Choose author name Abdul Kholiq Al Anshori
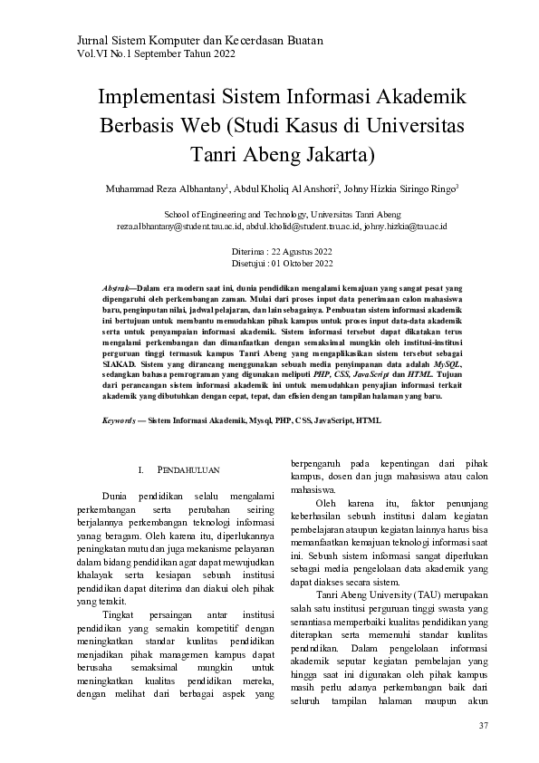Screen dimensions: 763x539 point(284,188)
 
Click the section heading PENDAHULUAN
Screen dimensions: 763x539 point(188,471)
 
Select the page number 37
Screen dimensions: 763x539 point(483,727)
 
